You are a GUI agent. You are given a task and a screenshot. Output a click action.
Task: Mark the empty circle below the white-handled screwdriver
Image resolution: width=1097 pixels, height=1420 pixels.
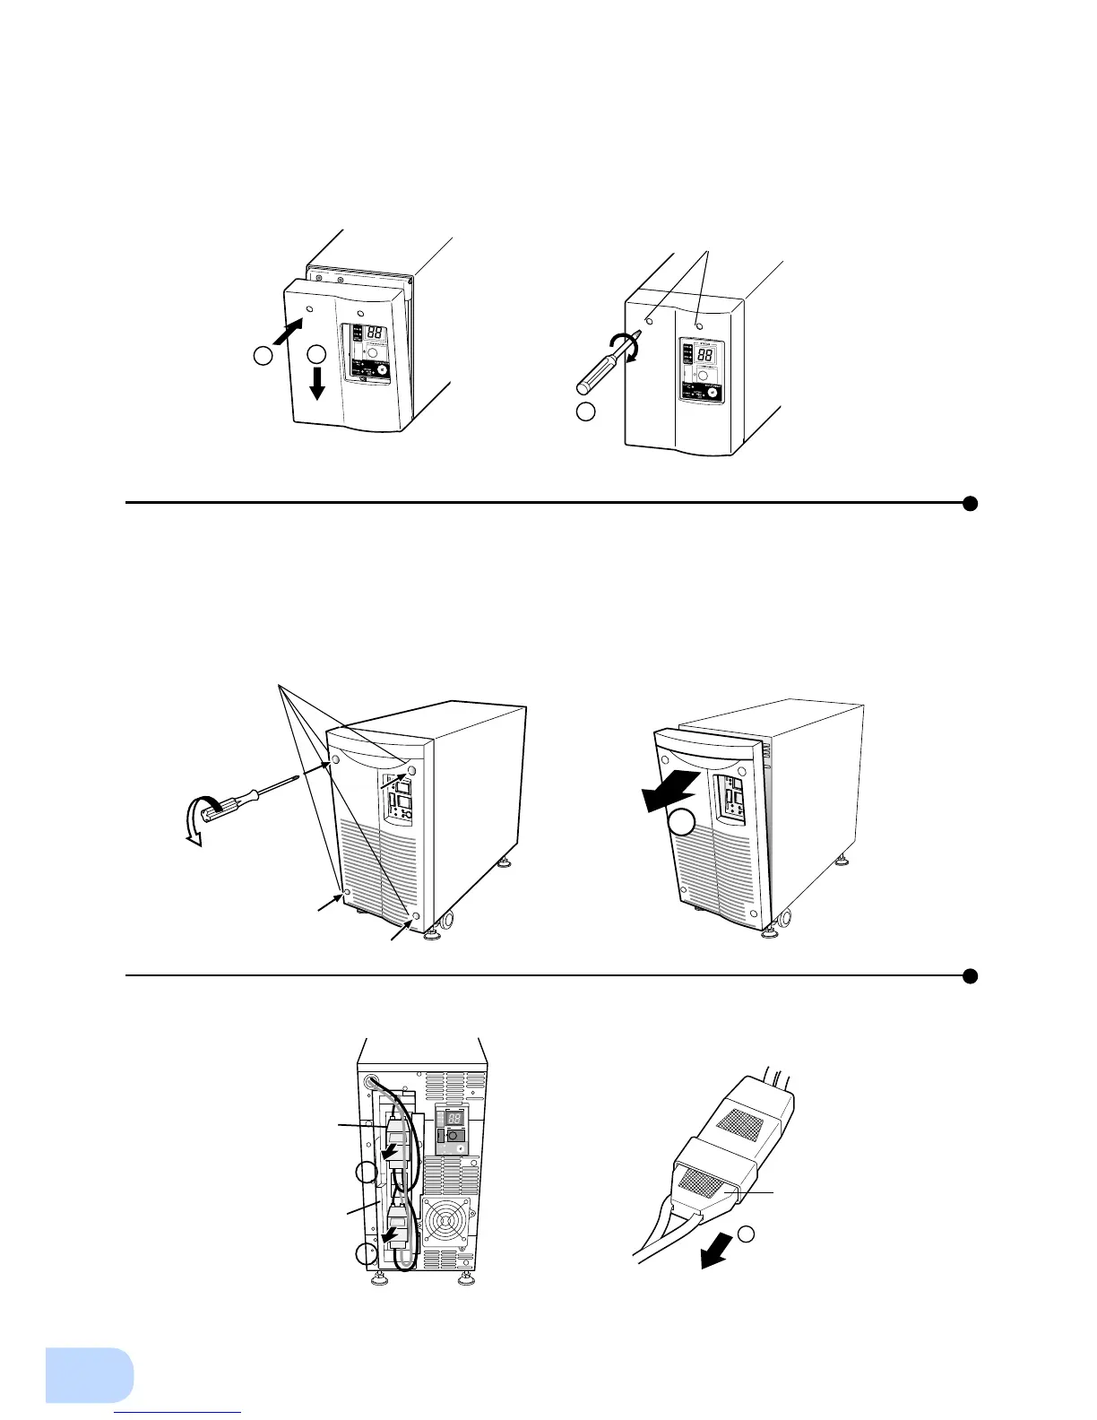(x=585, y=412)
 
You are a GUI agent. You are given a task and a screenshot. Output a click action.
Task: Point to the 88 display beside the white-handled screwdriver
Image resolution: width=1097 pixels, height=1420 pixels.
(x=705, y=354)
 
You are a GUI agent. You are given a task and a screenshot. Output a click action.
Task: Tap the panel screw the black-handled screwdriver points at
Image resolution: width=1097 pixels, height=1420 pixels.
(x=335, y=760)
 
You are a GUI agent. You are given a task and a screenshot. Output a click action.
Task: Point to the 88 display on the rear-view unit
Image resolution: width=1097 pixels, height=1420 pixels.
(x=454, y=1118)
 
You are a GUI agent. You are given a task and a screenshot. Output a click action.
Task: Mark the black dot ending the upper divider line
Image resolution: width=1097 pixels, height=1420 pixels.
(x=969, y=503)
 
